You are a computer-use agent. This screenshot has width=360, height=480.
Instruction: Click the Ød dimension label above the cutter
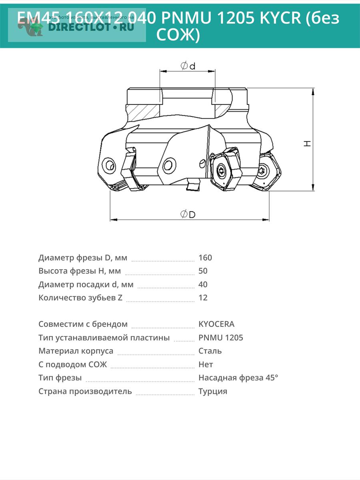click(x=188, y=66)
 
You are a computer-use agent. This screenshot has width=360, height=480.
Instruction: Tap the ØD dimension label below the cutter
click(x=188, y=214)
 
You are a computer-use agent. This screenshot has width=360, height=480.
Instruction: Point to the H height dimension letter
click(x=307, y=143)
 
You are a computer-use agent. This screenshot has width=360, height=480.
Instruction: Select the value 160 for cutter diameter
click(x=205, y=258)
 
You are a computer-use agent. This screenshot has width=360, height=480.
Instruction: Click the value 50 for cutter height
click(x=203, y=271)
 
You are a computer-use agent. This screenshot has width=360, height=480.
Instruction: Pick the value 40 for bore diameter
click(x=203, y=284)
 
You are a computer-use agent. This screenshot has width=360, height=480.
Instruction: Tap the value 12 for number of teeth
click(x=203, y=298)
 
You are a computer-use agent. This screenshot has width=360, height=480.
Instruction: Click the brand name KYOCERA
click(x=216, y=324)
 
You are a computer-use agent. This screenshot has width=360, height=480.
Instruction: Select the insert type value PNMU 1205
click(x=221, y=338)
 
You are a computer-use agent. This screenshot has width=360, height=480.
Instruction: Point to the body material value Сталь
click(x=210, y=351)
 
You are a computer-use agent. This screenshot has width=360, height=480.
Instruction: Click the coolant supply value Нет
click(x=206, y=364)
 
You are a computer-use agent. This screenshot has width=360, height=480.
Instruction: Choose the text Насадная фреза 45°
click(x=238, y=378)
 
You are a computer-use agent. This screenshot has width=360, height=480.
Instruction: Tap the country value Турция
click(x=213, y=391)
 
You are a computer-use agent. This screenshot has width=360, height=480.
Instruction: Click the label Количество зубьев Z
click(x=80, y=298)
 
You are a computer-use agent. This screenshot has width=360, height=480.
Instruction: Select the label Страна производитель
click(x=85, y=391)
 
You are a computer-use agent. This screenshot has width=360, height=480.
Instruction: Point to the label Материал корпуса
click(x=76, y=351)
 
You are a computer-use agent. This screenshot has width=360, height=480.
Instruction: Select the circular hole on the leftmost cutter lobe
click(x=109, y=165)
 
